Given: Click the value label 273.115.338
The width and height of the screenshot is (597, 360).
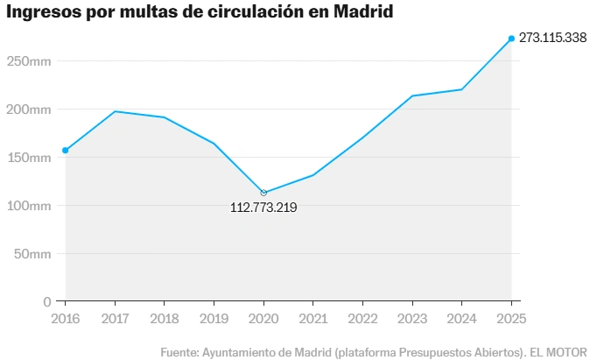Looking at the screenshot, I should click(x=552, y=39).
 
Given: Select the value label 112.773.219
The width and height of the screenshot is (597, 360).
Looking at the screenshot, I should click(x=263, y=208).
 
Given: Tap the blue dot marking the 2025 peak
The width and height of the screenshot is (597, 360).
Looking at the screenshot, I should click(x=511, y=39).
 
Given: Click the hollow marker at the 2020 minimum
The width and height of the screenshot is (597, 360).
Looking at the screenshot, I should click(x=263, y=193).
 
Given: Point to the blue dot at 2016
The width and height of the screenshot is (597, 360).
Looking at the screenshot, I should click(x=66, y=151).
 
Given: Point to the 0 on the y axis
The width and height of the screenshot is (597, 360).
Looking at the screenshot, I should click(x=47, y=301).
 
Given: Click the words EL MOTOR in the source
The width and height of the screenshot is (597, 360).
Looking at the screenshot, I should click(x=561, y=351).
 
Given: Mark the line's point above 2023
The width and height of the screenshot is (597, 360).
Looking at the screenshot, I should click(x=411, y=95).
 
